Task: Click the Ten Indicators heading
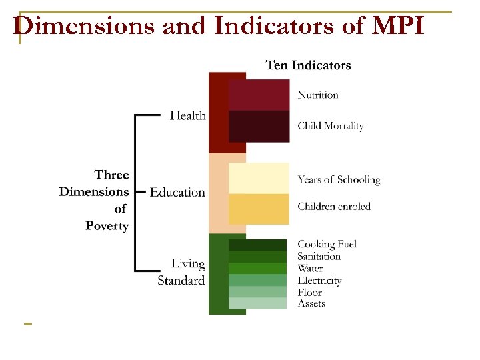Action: click(x=308, y=65)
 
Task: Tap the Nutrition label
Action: click(x=318, y=95)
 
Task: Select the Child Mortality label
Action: click(x=331, y=125)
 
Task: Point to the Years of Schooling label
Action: click(x=339, y=179)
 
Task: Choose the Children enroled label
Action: click(x=334, y=206)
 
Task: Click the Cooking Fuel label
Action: click(x=327, y=244)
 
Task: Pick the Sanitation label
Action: click(x=319, y=256)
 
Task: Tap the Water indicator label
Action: click(x=310, y=268)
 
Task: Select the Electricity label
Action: click(x=319, y=280)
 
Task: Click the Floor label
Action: click(x=309, y=292)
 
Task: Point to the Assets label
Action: click(x=311, y=303)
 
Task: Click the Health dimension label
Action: click(x=187, y=115)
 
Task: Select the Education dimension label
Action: click(x=177, y=192)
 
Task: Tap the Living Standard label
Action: click(x=181, y=272)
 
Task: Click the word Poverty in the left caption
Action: click(x=107, y=225)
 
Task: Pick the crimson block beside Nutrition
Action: click(x=259, y=95)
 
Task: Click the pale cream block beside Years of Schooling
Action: click(x=259, y=178)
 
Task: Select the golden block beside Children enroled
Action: click(x=259, y=209)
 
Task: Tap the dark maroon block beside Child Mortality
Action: click(x=259, y=126)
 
